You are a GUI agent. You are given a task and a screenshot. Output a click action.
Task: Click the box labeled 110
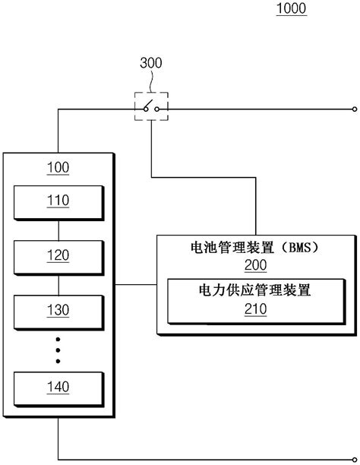pos(58,201)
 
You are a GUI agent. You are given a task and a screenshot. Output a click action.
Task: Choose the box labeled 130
pos(58,310)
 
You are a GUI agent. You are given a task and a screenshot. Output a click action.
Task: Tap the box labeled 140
pos(58,387)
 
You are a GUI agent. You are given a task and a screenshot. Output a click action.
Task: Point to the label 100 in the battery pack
pos(58,167)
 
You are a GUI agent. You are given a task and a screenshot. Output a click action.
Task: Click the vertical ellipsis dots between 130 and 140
pos(58,349)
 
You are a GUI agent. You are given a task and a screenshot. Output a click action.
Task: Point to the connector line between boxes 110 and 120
pos(58,228)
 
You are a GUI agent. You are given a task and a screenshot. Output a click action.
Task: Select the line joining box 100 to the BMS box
pos(135,286)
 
